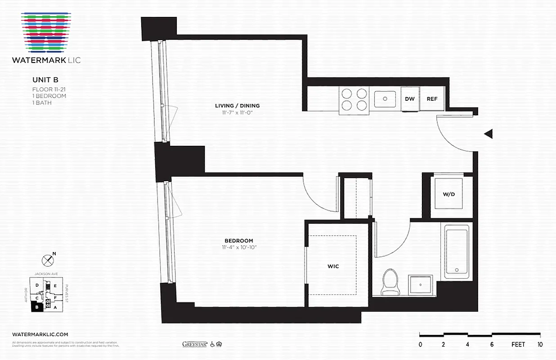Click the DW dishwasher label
coord(409,99)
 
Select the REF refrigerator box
coord(432,99)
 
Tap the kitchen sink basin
coord(385,99)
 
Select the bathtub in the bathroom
coord(457,252)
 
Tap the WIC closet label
coord(333,266)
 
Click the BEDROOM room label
coord(239,241)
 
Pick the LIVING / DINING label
coord(237,106)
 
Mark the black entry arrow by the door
coord(489,134)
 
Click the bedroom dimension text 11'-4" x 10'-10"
coord(239,247)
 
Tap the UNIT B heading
coord(45,80)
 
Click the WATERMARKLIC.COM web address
coord(40,334)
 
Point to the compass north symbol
coord(47,260)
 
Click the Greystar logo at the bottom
coord(194,344)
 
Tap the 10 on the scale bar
coord(540,345)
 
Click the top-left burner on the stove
coord(346,94)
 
